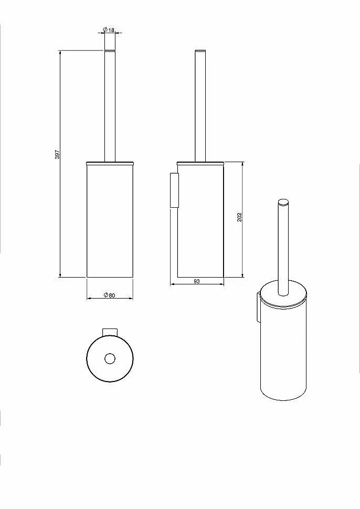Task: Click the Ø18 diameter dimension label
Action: [x=109, y=30]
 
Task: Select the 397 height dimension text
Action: [x=57, y=154]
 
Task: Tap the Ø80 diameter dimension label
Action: [x=109, y=295]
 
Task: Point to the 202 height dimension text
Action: [x=240, y=217]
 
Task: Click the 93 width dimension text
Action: [x=197, y=281]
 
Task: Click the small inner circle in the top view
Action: [x=110, y=358]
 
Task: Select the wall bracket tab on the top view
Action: [x=110, y=332]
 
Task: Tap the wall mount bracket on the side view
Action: [x=174, y=190]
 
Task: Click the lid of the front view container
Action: [x=110, y=163]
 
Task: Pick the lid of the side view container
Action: [x=200, y=163]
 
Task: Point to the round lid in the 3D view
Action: [x=283, y=295]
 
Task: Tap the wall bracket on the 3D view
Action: [x=258, y=307]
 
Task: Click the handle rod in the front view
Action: [x=110, y=105]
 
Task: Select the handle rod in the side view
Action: [x=200, y=105]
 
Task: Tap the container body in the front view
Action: [x=110, y=221]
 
